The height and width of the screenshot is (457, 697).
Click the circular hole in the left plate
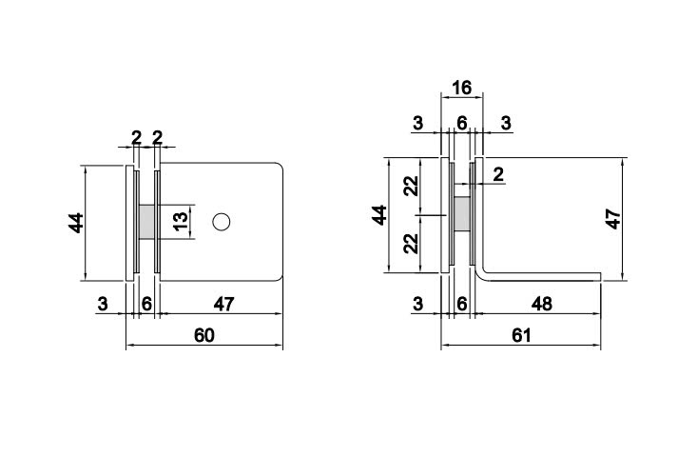tap(222, 222)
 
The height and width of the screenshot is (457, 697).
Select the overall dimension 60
tap(203, 335)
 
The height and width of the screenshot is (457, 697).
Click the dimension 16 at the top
tap(461, 89)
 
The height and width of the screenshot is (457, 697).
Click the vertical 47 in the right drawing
tap(613, 218)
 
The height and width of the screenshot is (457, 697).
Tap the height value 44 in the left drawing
tap(76, 223)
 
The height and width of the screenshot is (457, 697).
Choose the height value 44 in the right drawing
tap(379, 215)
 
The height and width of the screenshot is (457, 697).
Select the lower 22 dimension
tap(411, 244)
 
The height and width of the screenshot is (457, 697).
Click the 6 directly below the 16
tap(462, 123)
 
